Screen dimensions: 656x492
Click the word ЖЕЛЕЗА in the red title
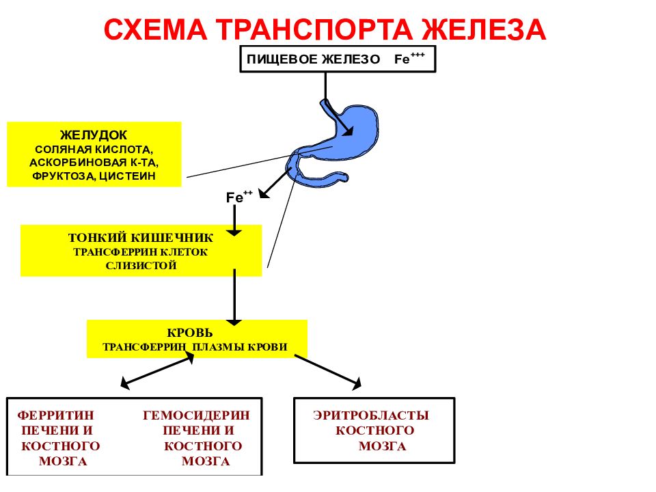coord(483,29)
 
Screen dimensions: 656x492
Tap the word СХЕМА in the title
coord(156,29)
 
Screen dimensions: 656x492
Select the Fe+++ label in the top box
coord(409,58)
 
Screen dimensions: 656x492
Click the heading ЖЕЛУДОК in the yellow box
coord(94,135)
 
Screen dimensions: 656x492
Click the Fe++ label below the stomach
coord(239,197)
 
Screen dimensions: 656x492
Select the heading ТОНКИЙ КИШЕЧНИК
coord(141,238)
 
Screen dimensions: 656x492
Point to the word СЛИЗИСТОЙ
coord(141,266)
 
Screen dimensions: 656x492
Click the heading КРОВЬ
coord(189,333)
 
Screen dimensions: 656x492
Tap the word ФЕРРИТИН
coord(55,415)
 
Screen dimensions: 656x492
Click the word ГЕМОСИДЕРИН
coord(196,415)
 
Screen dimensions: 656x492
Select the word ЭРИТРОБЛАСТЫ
coord(371,415)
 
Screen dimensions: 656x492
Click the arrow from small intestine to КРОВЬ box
coord(234,297)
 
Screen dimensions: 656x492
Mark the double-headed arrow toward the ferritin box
coord(157,370)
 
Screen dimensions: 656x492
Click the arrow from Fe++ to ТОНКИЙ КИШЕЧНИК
coord(234,221)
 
